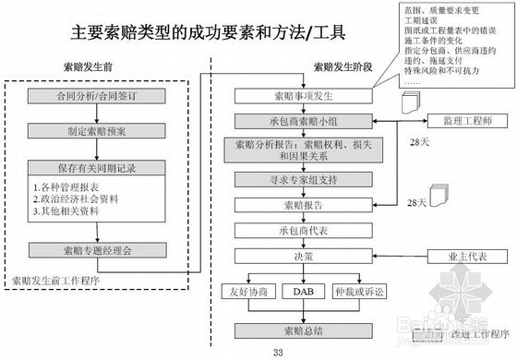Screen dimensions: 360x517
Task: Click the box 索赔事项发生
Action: click(296, 97)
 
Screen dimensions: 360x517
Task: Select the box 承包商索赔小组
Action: click(296, 122)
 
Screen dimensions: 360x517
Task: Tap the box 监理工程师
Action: click(471, 123)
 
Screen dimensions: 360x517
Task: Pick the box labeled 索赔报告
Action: click(296, 204)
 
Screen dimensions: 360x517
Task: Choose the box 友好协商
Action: click(251, 293)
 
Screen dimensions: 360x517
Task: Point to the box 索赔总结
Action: click(296, 330)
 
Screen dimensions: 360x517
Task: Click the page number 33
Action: click(278, 351)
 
